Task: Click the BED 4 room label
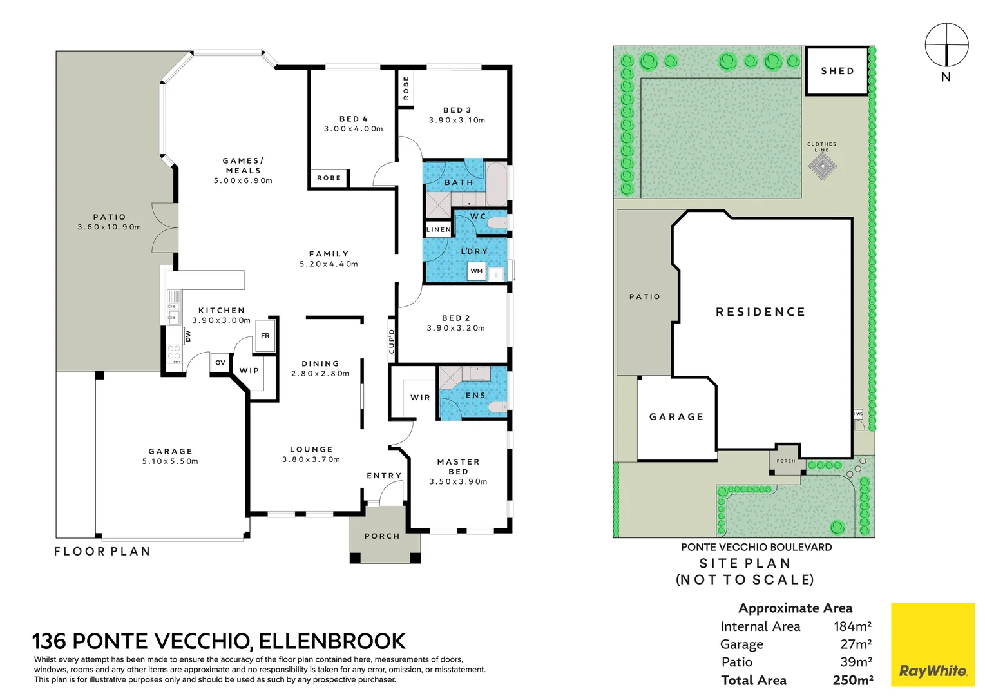pyautogui.click(x=353, y=119)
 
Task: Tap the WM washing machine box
pyautogui.click(x=476, y=271)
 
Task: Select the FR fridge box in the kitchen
pyautogui.click(x=265, y=336)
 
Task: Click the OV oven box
pyautogui.click(x=220, y=363)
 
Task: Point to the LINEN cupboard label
pyautogui.click(x=439, y=229)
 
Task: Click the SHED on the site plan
pyautogui.click(x=837, y=71)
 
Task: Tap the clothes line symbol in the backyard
pyautogui.click(x=823, y=167)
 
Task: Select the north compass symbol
pyautogui.click(x=946, y=45)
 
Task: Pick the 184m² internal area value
pyautogui.click(x=852, y=626)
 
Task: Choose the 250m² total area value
pyautogui.click(x=852, y=680)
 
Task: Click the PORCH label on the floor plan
pyautogui.click(x=382, y=536)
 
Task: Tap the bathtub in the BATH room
pyautogui.click(x=496, y=184)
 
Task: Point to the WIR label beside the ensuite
pyautogui.click(x=420, y=398)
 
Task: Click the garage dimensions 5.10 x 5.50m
pyautogui.click(x=170, y=461)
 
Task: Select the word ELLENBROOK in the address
pyautogui.click(x=332, y=641)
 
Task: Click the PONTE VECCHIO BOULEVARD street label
pyautogui.click(x=756, y=547)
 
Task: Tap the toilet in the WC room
pyautogui.click(x=496, y=223)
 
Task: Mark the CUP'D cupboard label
pyautogui.click(x=392, y=341)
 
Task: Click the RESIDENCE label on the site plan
pyautogui.click(x=760, y=312)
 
